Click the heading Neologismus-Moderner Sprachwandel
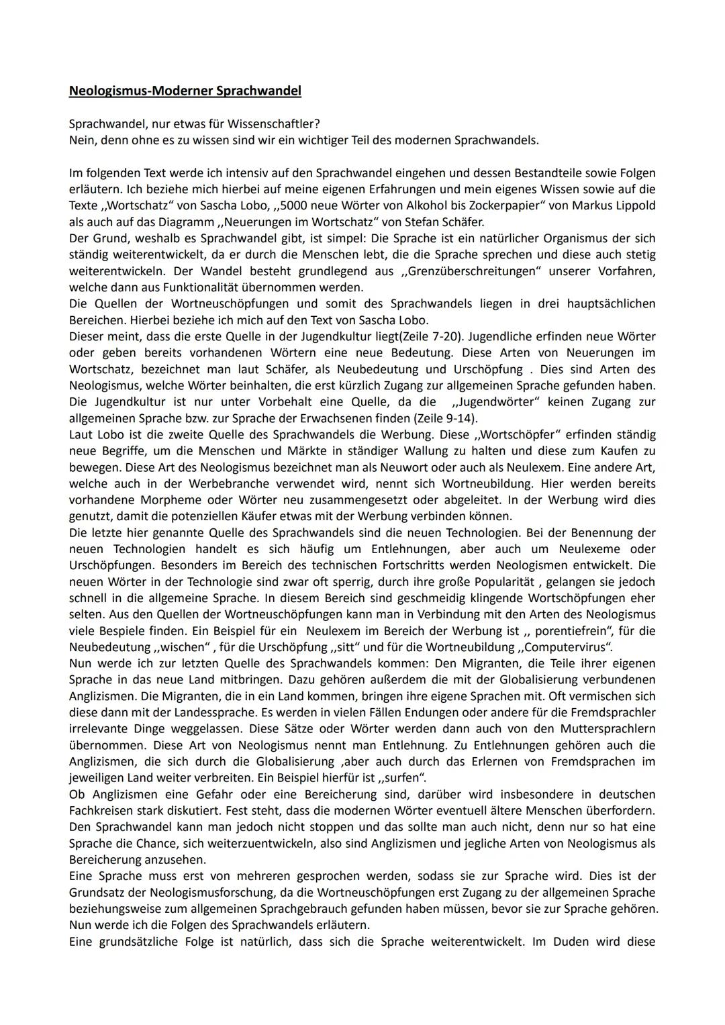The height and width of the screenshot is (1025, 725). pos(185,91)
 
